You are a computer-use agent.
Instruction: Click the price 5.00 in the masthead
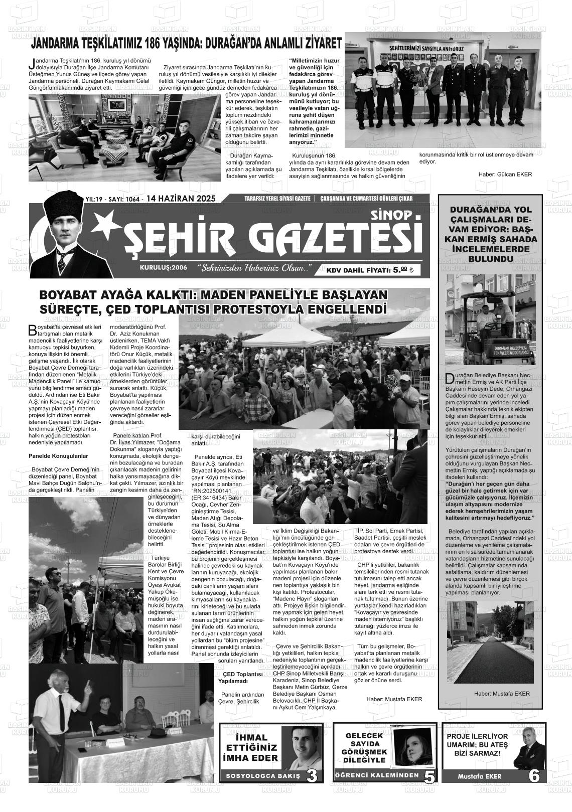click(x=400, y=270)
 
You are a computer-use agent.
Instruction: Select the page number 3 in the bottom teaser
click(x=312, y=775)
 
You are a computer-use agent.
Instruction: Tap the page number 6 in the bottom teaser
click(x=534, y=775)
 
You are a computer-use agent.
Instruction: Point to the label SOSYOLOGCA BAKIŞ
click(x=263, y=776)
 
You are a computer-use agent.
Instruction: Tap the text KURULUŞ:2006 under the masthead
click(x=164, y=268)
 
